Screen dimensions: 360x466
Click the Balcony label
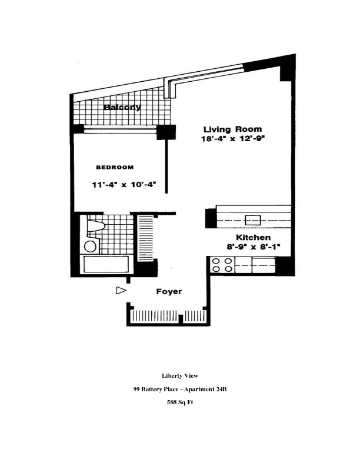click(x=122, y=107)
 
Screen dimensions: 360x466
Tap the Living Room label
click(x=232, y=129)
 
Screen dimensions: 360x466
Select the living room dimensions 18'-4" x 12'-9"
click(x=232, y=139)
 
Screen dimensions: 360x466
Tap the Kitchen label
click(x=254, y=237)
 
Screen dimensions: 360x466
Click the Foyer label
click(x=169, y=292)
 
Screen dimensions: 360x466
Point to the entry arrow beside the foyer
click(x=121, y=290)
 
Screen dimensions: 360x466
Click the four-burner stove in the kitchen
click(x=222, y=265)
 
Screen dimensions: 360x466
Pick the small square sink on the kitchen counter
click(x=253, y=220)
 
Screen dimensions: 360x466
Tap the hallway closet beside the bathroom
click(x=145, y=238)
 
